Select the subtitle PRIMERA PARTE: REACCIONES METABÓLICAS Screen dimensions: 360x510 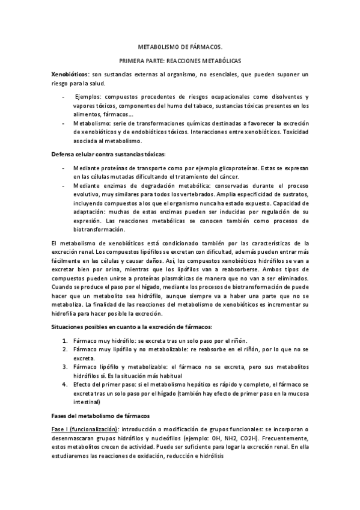pos(180,60)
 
